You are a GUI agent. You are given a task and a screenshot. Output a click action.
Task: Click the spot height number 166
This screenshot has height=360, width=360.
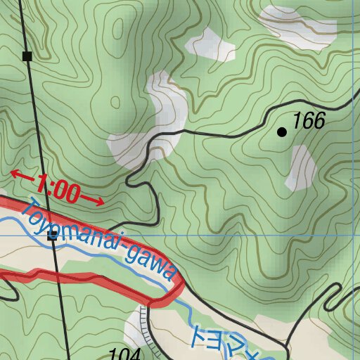[309, 122]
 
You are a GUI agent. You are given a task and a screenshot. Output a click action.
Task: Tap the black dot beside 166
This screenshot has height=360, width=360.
[283, 131]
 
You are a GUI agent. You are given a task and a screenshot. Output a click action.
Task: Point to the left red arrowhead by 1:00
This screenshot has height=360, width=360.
[15, 174]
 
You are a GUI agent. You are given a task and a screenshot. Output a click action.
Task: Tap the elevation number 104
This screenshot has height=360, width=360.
[126, 353]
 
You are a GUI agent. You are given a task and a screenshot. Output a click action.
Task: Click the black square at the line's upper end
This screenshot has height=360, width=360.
[27, 56]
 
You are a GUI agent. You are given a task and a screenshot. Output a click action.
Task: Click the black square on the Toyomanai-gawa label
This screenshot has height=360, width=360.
[52, 237]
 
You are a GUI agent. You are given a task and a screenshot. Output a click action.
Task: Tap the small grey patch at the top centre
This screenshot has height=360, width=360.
[210, 46]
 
